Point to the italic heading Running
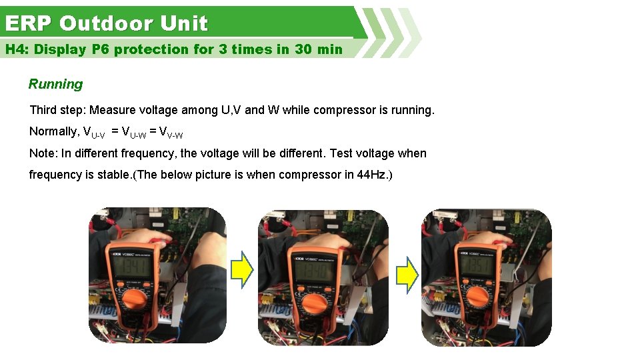coord(55,84)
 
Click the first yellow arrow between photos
coord(242,271)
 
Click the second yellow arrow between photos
coord(407,274)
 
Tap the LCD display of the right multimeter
coord(475,265)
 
